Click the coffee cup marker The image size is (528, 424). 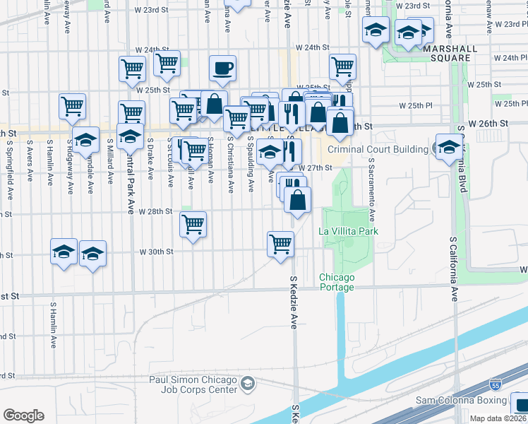pos(222,69)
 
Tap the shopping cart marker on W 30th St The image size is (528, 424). pos(281,245)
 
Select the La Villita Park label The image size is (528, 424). pos(349,231)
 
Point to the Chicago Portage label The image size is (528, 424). pos(336,281)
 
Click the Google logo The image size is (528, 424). pos(23,416)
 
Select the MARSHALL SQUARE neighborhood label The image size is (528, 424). pos(446,52)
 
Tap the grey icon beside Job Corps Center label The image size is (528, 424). pos(247,384)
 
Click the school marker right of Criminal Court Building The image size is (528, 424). pos(449,147)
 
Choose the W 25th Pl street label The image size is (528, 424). pos(415,105)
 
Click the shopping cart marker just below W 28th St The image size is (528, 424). pos(193,225)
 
